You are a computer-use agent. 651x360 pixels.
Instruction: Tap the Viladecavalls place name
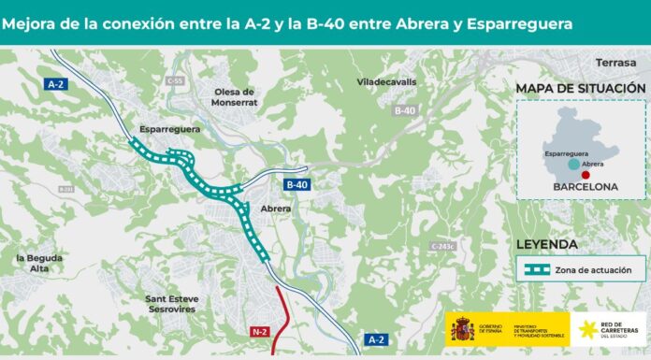click(x=385, y=81)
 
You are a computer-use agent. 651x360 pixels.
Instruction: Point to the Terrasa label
click(x=614, y=63)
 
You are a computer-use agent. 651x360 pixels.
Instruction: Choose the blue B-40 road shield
click(x=297, y=184)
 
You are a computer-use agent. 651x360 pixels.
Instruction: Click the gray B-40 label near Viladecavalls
click(x=403, y=111)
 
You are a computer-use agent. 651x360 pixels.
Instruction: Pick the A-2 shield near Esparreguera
click(x=57, y=83)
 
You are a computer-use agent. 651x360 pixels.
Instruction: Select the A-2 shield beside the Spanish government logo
click(x=374, y=339)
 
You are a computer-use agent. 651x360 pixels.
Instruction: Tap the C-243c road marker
click(x=442, y=246)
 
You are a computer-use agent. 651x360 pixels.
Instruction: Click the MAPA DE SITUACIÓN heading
click(x=580, y=88)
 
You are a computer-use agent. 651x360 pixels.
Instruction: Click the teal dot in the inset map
click(x=571, y=164)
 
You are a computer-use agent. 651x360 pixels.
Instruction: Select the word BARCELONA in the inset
click(x=580, y=187)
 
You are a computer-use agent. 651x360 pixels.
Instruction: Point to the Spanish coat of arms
click(x=460, y=330)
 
